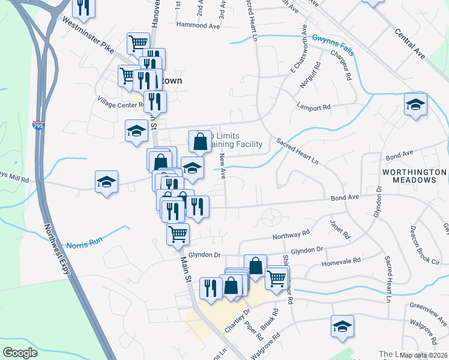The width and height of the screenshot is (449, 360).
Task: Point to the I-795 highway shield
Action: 37,126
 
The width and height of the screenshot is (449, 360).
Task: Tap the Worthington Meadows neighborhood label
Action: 414,176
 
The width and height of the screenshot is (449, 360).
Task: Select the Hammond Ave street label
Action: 198,26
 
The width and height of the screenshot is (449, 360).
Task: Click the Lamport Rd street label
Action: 313,107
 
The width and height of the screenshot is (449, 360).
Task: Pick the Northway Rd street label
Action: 291,234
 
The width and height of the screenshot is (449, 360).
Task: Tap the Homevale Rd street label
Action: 341,261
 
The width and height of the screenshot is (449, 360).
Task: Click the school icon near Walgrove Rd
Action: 342,326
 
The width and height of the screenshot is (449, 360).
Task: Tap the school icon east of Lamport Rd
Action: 415,104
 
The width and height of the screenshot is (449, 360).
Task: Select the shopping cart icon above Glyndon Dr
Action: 178,234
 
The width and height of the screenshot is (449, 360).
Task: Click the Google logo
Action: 20,353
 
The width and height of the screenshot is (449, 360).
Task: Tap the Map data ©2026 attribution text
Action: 423,355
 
